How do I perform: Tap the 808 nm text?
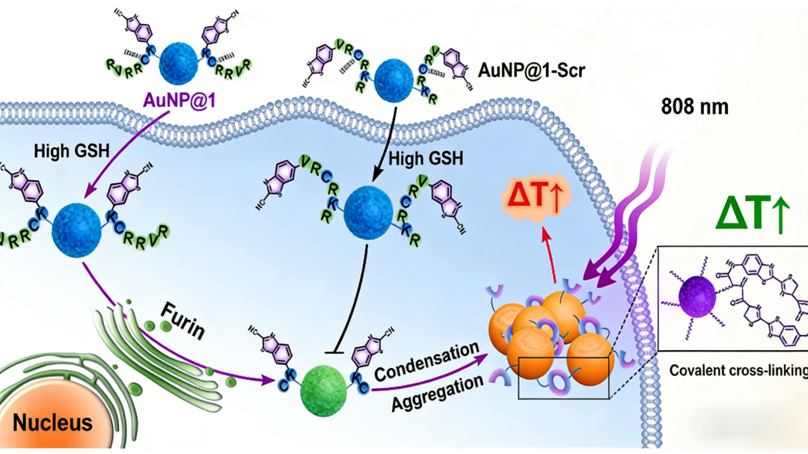(x=694, y=106)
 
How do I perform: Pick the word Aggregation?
(x=438, y=394)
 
